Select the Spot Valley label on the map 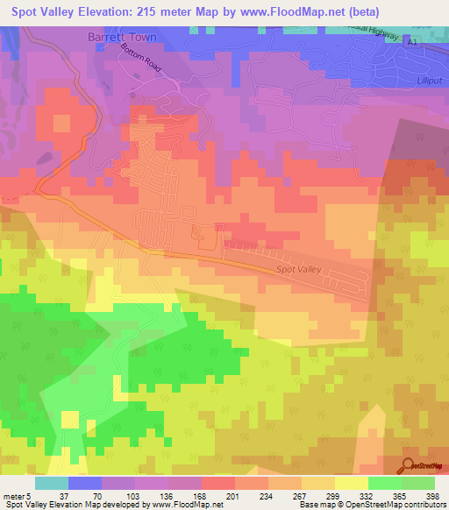[x=300, y=272]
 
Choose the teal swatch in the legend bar [x=51, y=483]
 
